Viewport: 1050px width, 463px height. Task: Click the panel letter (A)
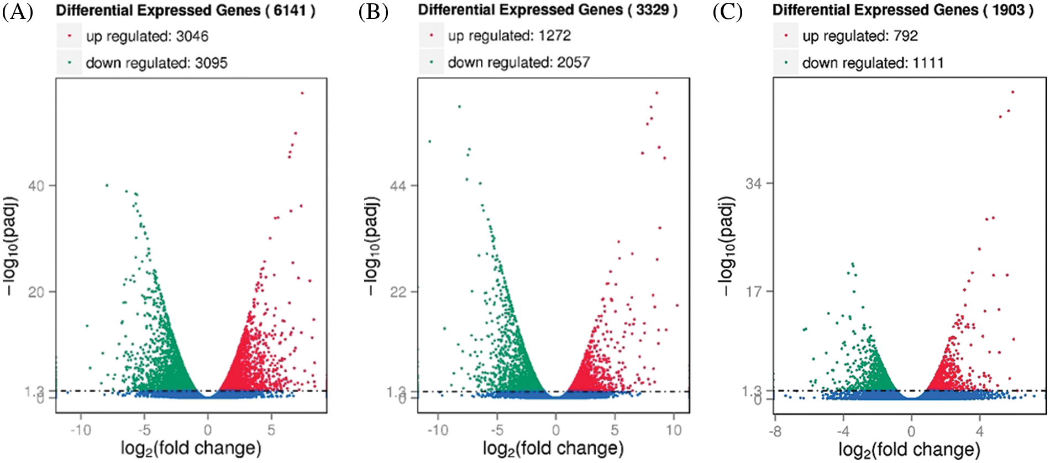(17, 12)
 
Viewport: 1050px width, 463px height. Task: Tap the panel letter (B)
(373, 12)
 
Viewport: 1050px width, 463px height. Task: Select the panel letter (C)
(727, 12)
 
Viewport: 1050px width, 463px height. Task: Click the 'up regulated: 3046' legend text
(147, 37)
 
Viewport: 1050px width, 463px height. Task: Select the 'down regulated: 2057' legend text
(518, 63)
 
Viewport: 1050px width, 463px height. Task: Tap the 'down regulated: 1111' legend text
(873, 63)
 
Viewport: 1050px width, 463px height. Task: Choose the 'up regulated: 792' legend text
(860, 36)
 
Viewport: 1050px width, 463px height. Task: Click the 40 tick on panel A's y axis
(36, 186)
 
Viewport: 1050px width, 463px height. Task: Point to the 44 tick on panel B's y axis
(398, 186)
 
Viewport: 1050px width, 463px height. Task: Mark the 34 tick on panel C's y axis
(754, 183)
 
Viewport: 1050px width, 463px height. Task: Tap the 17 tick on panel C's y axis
(754, 291)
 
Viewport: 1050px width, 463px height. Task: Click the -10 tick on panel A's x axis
(81, 430)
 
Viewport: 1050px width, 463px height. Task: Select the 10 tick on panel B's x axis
(674, 430)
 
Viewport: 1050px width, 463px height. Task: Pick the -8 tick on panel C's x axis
(776, 431)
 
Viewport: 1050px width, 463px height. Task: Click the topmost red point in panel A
(302, 93)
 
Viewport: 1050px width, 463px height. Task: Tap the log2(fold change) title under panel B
(553, 448)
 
